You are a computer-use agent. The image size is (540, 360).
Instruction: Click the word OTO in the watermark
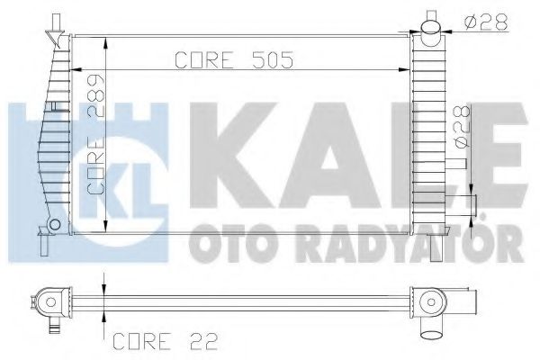pyautogui.click(x=224, y=243)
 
